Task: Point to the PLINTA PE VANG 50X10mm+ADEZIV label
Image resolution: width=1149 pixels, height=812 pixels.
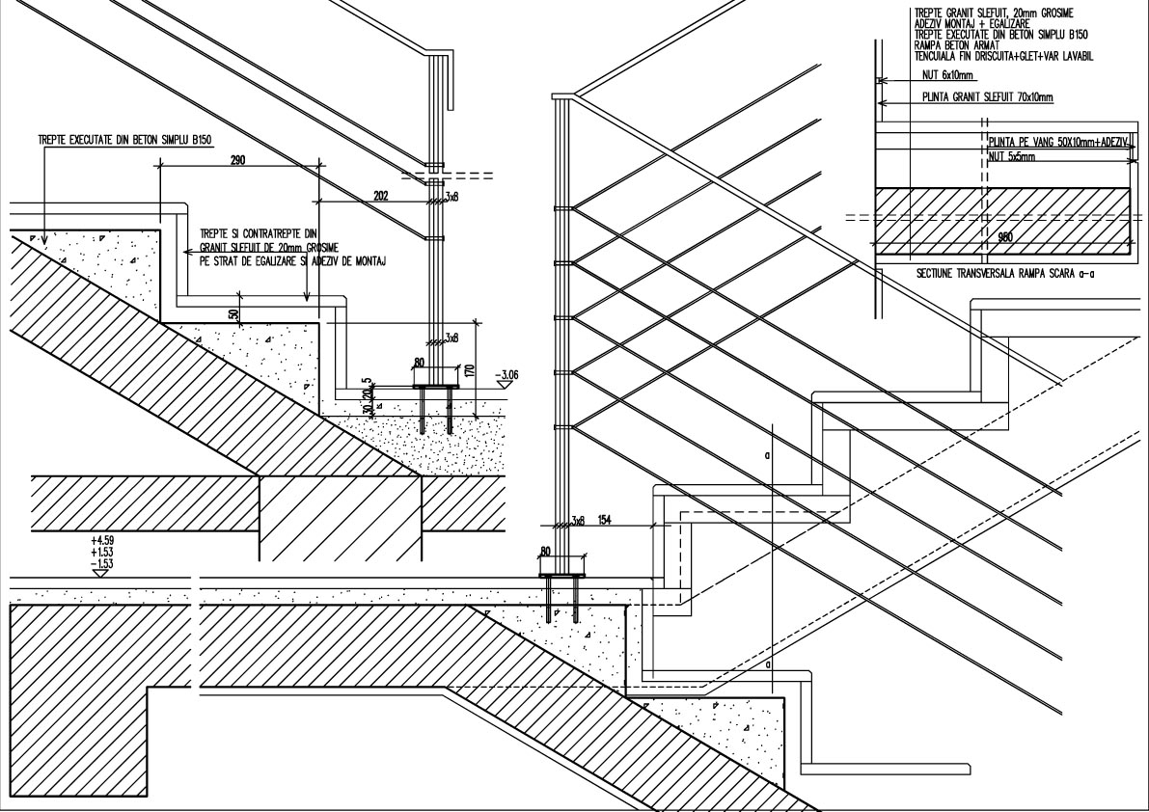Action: [x=1057, y=142]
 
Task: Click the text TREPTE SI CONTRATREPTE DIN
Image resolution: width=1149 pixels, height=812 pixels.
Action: [x=258, y=234]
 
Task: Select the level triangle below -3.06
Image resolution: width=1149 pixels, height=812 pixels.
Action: [x=502, y=384]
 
